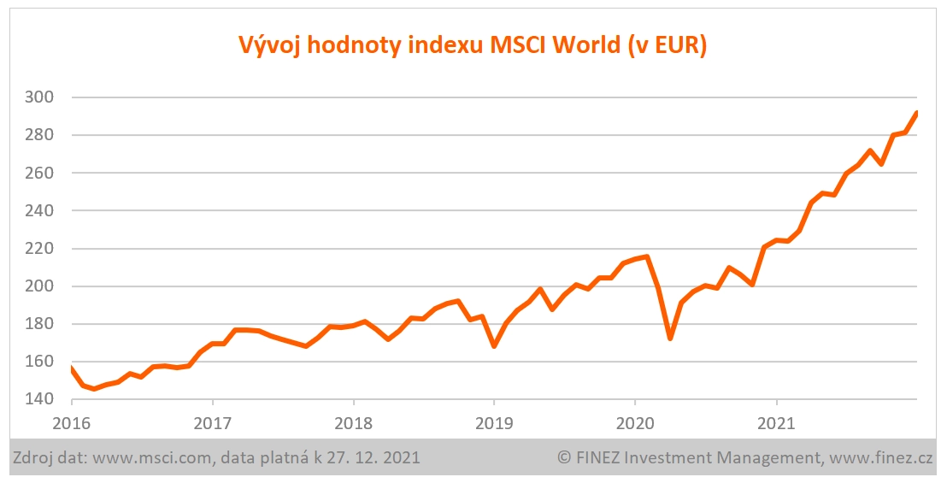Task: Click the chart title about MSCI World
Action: (x=472, y=45)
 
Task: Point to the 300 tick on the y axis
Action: (x=40, y=97)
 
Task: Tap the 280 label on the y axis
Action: (x=40, y=135)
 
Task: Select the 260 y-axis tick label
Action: (x=40, y=173)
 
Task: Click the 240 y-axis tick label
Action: (x=40, y=210)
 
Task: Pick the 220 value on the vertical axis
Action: (x=40, y=249)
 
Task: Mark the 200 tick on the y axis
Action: (x=40, y=286)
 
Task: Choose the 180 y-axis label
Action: (x=40, y=324)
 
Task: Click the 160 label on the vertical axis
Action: (x=40, y=362)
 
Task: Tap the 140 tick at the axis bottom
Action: (x=40, y=399)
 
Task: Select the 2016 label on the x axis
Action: (x=71, y=422)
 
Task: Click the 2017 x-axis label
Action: (x=212, y=422)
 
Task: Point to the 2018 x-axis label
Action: (x=353, y=422)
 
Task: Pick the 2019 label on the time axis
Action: (x=494, y=422)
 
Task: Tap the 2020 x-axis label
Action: (x=635, y=422)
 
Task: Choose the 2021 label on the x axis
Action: (x=776, y=422)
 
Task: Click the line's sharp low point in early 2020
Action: (x=670, y=339)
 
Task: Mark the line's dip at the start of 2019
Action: (x=494, y=346)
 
